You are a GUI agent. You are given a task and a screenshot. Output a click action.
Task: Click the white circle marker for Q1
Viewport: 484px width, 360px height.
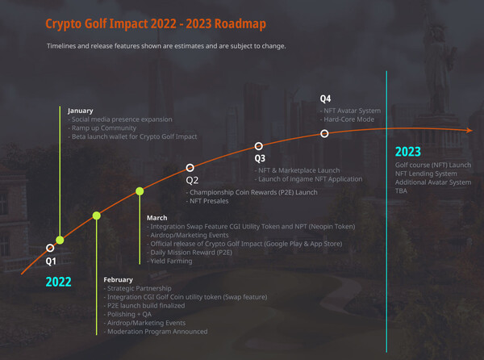pos(50,248)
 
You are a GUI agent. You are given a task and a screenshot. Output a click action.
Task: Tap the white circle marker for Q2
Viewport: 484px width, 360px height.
pos(190,167)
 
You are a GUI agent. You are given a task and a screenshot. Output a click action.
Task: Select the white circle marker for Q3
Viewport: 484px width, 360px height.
pos(259,147)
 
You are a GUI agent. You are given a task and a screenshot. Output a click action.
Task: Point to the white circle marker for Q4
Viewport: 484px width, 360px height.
pos(324,133)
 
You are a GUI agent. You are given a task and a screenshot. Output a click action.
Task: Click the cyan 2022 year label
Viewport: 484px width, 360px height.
pos(58,282)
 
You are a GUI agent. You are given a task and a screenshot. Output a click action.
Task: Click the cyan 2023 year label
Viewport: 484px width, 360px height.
pos(408,152)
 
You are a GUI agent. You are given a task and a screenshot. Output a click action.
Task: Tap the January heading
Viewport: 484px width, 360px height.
pos(81,111)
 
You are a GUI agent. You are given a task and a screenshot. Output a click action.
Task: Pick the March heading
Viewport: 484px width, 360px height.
pos(157,218)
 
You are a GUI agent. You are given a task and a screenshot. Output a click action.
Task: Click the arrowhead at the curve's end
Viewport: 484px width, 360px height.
pos(470,129)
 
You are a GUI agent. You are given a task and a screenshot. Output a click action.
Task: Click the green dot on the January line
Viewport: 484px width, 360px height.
pos(60,240)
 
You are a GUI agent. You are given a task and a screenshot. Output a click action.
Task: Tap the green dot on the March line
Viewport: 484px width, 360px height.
pos(140,191)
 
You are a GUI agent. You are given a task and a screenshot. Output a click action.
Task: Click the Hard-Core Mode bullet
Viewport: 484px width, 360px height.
pos(349,119)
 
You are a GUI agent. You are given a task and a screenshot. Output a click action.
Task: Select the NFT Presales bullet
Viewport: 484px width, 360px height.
pos(211,201)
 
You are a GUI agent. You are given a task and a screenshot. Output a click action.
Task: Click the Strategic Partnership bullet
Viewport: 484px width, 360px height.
pos(139,289)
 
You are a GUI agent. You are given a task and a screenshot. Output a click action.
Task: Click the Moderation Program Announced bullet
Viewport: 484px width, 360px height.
pos(156,332)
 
